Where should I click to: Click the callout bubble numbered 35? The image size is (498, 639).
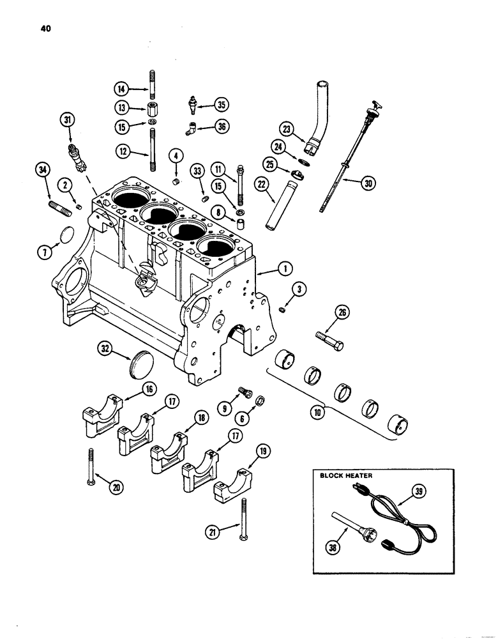click(221, 105)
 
